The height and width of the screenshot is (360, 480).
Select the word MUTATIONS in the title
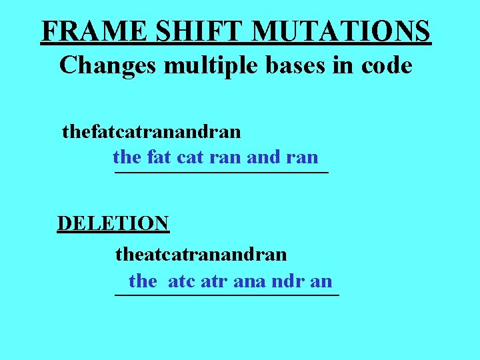(343, 31)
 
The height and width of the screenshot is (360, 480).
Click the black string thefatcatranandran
(151, 131)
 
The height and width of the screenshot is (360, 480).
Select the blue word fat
(159, 158)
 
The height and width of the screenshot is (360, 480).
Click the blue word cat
(191, 158)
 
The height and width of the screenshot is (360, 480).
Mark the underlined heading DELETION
(113, 223)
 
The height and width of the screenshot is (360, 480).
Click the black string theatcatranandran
(201, 254)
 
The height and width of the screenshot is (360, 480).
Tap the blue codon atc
(181, 281)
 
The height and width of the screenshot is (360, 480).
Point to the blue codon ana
(250, 281)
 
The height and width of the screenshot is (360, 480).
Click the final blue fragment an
(321, 281)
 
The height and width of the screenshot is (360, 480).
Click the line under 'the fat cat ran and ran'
(221, 173)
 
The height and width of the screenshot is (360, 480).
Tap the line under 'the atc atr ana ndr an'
(227, 294)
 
